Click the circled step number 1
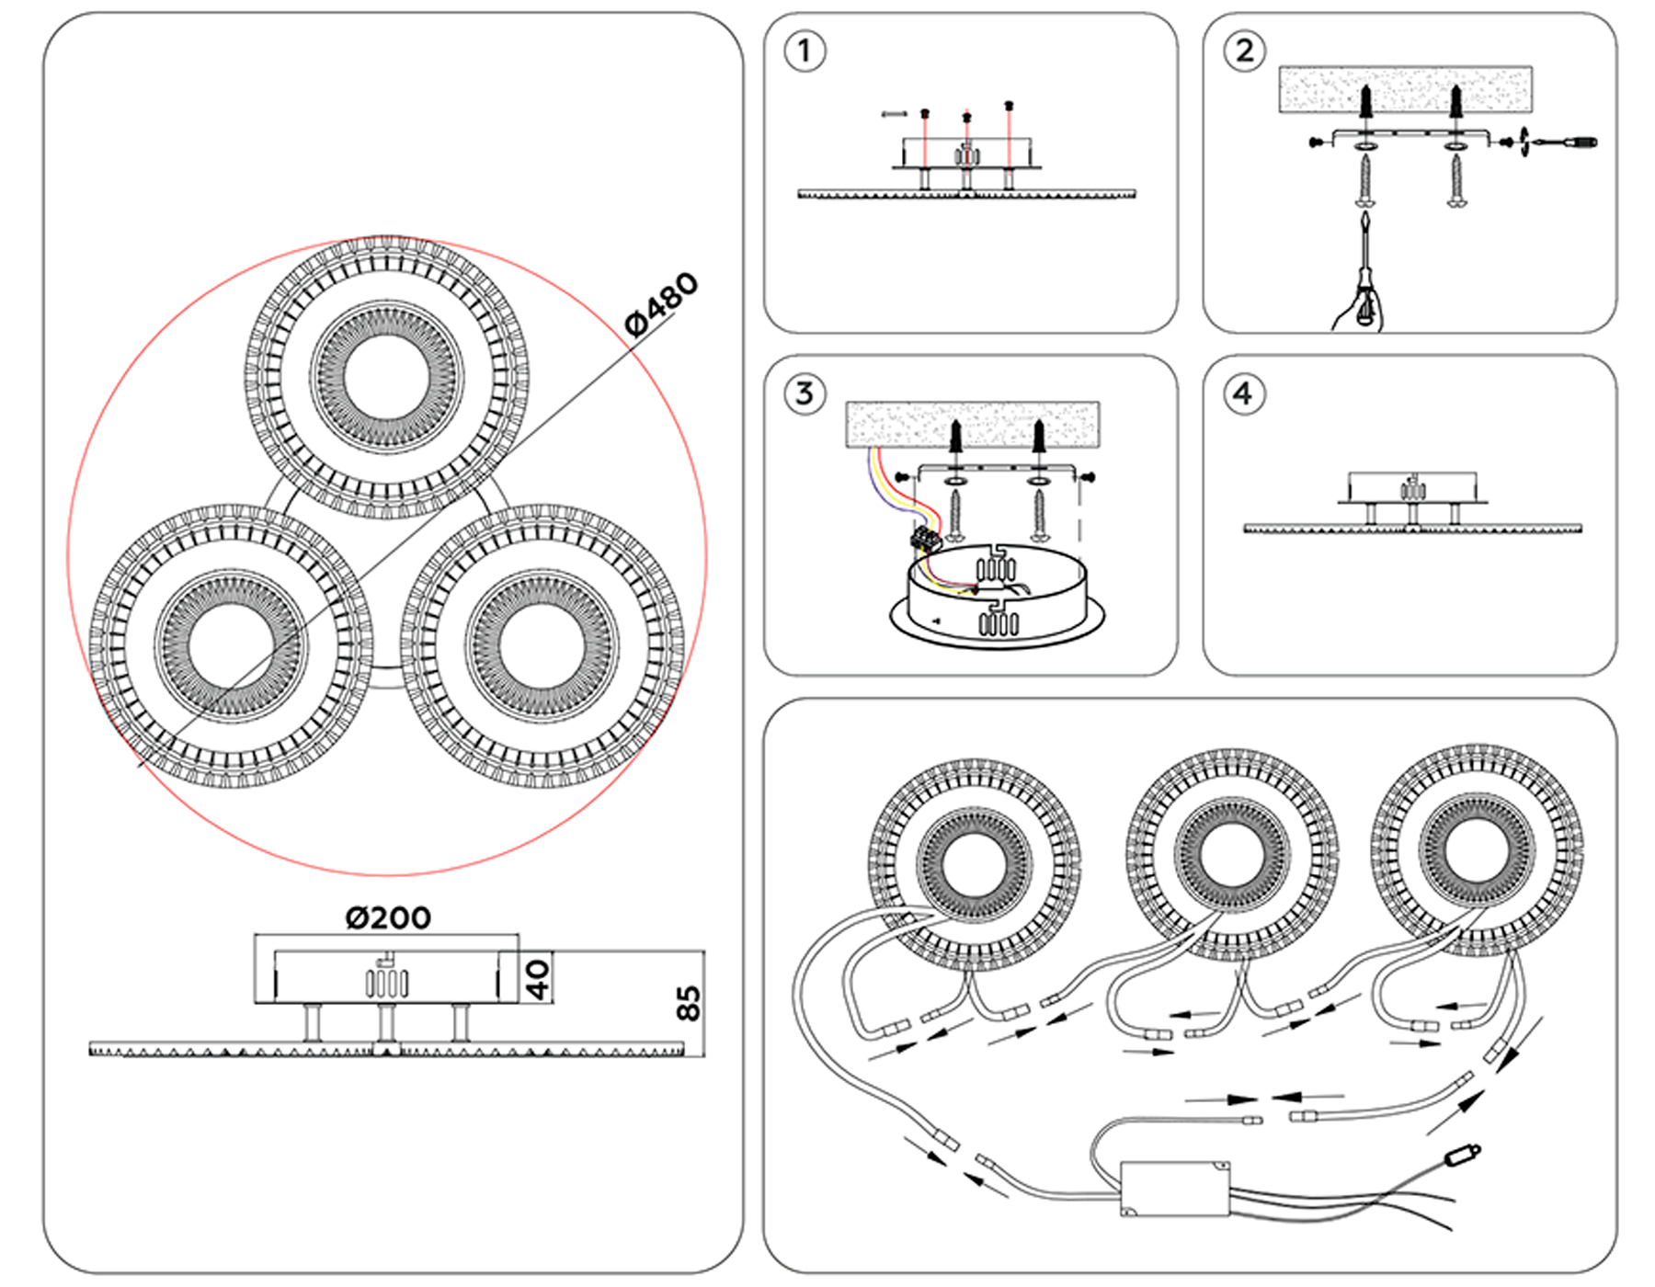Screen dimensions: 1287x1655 point(805,51)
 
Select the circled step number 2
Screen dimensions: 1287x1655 point(1244,51)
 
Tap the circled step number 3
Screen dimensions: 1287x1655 point(805,393)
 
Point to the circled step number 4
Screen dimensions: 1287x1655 point(1244,393)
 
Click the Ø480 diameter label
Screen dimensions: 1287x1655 point(661,303)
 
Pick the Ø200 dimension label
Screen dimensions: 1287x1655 point(388,917)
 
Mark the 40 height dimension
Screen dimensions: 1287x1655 point(538,978)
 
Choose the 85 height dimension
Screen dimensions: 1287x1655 point(688,1003)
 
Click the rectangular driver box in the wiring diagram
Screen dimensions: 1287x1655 point(1175,1189)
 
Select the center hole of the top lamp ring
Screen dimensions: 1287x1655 point(386,377)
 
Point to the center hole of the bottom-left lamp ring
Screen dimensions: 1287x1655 point(231,644)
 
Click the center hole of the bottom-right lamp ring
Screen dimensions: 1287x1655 point(542,644)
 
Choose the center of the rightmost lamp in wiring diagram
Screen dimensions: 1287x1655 point(1477,850)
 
